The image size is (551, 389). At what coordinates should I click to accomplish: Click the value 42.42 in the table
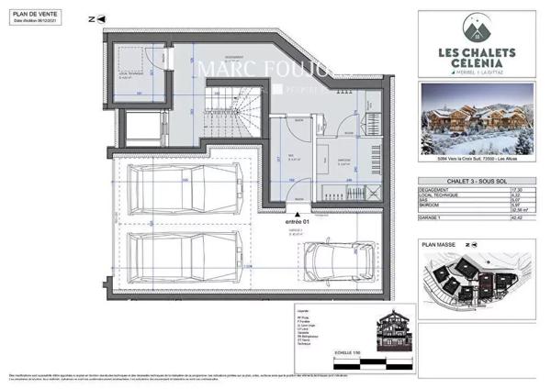click(x=518, y=217)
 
